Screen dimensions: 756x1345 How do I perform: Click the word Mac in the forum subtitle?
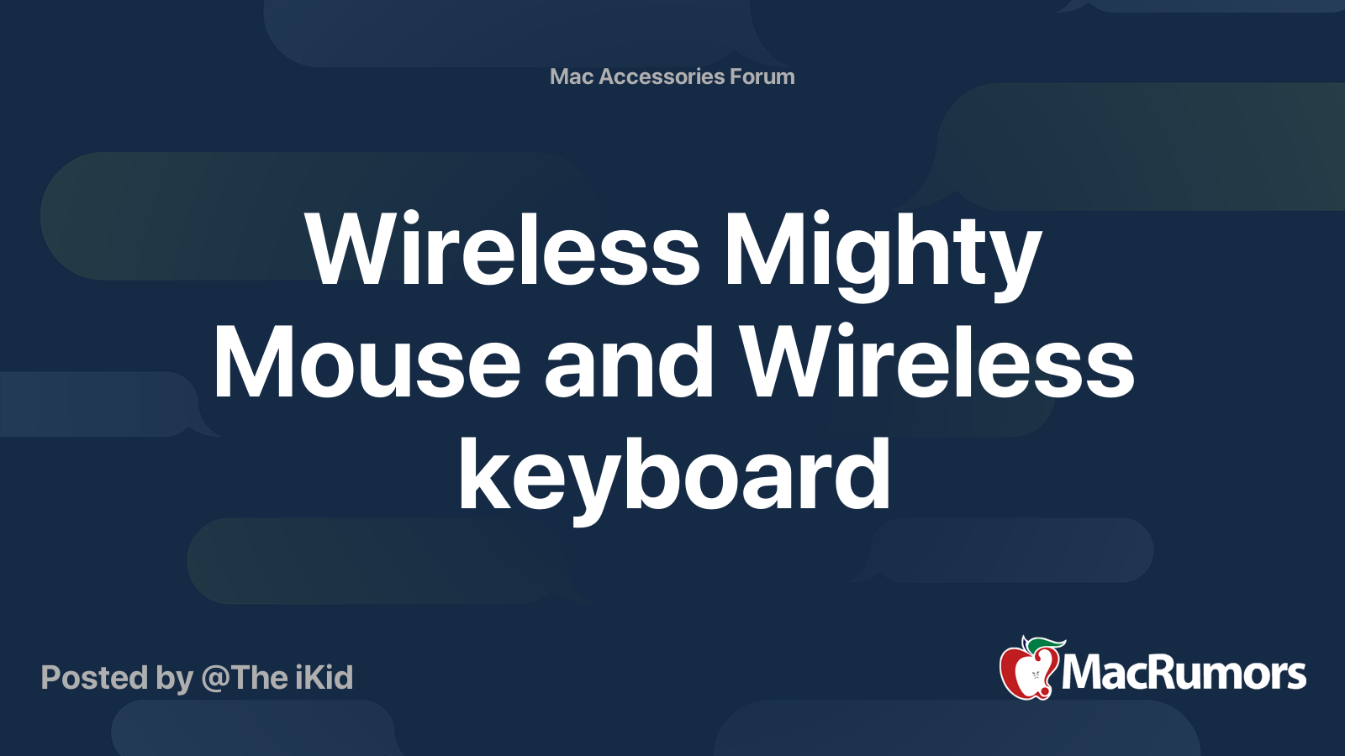click(572, 76)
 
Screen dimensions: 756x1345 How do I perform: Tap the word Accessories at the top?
click(662, 76)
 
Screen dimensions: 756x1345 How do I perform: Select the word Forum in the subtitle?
click(762, 76)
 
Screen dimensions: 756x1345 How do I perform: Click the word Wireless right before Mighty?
click(503, 250)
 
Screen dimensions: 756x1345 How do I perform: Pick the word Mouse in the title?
click(367, 363)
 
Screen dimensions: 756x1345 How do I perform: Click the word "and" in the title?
click(630, 363)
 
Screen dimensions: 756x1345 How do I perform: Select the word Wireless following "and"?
click(938, 363)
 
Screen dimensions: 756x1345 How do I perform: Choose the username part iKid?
click(323, 678)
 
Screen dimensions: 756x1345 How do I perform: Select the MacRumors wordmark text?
click(1184, 673)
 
